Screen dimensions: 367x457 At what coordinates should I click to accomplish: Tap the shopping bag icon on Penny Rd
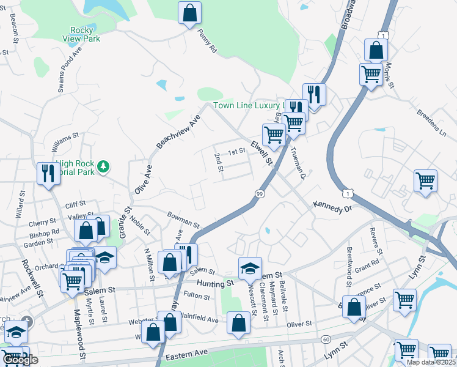pos(189,13)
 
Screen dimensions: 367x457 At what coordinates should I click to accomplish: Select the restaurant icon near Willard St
pos(47,173)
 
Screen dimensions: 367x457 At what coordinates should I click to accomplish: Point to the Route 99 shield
pos(259,194)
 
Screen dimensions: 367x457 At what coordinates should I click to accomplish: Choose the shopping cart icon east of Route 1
pos(425,180)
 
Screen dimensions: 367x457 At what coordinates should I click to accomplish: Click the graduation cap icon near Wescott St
pos(249,269)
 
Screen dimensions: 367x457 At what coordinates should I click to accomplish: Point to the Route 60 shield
pos(326,339)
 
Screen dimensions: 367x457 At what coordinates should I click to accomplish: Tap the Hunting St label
pos(215,283)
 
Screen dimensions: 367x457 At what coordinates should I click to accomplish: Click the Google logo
pos(21,360)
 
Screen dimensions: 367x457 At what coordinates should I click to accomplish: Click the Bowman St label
pos(183,219)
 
